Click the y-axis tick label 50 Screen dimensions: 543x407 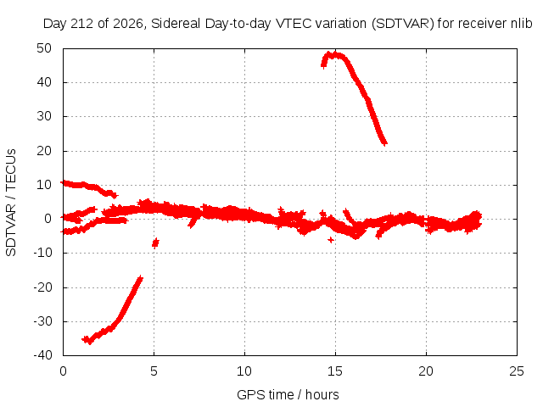click(x=44, y=48)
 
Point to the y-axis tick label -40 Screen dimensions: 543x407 click(x=42, y=355)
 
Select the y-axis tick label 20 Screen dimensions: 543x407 click(x=44, y=151)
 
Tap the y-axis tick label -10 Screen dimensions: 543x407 click(x=42, y=253)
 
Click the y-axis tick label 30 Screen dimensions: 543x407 click(x=44, y=116)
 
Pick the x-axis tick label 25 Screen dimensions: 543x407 click(x=517, y=371)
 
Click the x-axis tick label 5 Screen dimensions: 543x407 click(x=154, y=371)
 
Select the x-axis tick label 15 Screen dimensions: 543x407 click(x=335, y=371)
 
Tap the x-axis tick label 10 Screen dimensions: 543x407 click(x=244, y=371)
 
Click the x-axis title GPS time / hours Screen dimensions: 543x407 click(x=288, y=394)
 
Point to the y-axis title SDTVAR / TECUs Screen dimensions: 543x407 click(x=11, y=203)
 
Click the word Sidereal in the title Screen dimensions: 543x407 click(x=176, y=24)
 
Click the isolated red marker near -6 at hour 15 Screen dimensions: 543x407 click(x=331, y=239)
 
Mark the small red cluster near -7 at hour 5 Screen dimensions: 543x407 click(x=155, y=243)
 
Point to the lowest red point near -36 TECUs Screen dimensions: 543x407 click(x=90, y=343)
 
